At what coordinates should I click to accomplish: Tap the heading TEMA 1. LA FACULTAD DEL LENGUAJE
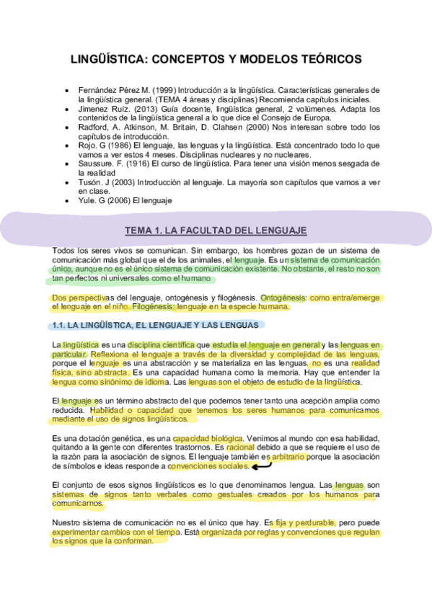[x=216, y=231]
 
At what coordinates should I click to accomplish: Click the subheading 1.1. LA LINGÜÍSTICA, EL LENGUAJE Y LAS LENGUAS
[x=155, y=326]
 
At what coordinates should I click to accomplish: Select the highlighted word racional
[x=240, y=447]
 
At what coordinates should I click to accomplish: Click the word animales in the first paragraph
[x=204, y=259]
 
